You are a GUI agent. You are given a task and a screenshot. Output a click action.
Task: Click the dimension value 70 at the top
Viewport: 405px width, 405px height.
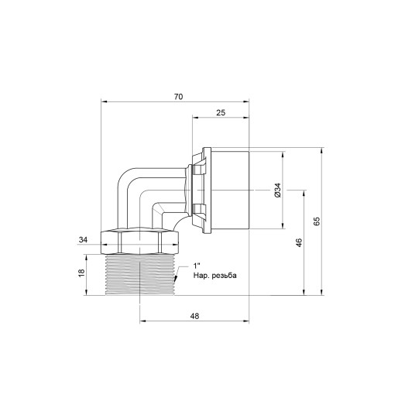click(178, 97)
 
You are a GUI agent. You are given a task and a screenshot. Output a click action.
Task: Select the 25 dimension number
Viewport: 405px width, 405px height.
click(221, 113)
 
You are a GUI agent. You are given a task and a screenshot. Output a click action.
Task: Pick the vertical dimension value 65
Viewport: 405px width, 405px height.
click(317, 221)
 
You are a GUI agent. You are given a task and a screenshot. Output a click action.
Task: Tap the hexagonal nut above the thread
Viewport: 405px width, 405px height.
click(140, 239)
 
